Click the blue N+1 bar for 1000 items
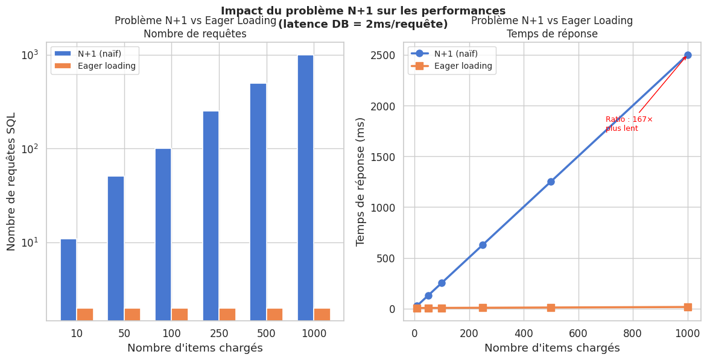click(x=305, y=187)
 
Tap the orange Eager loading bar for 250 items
click(x=227, y=314)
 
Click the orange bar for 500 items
click(x=274, y=314)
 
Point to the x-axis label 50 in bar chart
click(x=124, y=333)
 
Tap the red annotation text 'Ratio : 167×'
click(x=629, y=119)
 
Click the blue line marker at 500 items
click(x=551, y=182)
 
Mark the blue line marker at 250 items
click(x=483, y=245)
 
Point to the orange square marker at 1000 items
click(x=688, y=307)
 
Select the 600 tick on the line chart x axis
click(x=579, y=333)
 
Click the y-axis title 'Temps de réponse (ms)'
click(x=361, y=181)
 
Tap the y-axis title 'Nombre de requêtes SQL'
click(x=11, y=181)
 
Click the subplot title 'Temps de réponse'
click(x=552, y=34)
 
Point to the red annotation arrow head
click(x=686, y=56)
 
